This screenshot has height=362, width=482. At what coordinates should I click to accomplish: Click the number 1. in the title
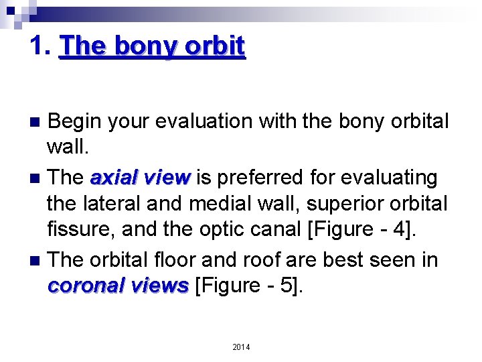pyautogui.click(x=42, y=46)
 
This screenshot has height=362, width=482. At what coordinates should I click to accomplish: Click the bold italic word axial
pyautogui.click(x=112, y=178)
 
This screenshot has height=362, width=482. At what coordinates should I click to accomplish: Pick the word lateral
pyautogui.click(x=112, y=204)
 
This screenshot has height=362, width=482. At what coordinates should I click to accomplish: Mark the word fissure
pyautogui.click(x=78, y=230)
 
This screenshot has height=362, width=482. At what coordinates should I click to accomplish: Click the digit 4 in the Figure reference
pyautogui.click(x=402, y=230)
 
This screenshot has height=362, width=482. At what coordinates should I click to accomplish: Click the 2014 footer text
pyautogui.click(x=241, y=347)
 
